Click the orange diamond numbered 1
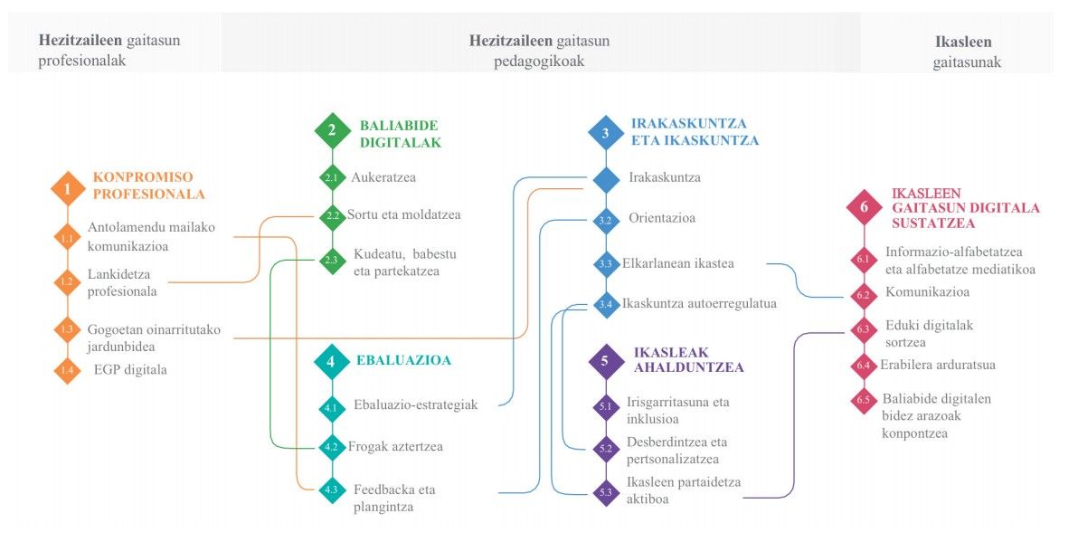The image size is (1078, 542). [67, 189]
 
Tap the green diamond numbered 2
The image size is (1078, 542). [332, 130]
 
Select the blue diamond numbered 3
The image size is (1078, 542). [606, 133]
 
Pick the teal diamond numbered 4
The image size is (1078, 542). [331, 361]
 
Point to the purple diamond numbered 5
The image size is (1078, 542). [606, 359]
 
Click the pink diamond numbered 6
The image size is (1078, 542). [864, 207]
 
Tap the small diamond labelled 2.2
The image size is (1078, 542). [332, 215]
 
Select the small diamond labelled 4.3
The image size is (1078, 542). [331, 490]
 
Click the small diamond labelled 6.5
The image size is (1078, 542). [864, 400]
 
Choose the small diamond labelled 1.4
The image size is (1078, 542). [67, 370]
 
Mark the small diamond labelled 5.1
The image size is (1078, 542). [606, 406]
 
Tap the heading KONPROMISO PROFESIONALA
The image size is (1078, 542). [148, 185]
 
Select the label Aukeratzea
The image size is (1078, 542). [383, 177]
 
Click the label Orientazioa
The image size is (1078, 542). [662, 218]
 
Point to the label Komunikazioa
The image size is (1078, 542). [927, 292]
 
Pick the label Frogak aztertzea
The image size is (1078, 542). [395, 446]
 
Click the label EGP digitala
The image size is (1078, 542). [130, 369]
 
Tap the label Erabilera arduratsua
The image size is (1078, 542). [939, 365]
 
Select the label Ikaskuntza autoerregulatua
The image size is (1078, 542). [699, 304]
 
